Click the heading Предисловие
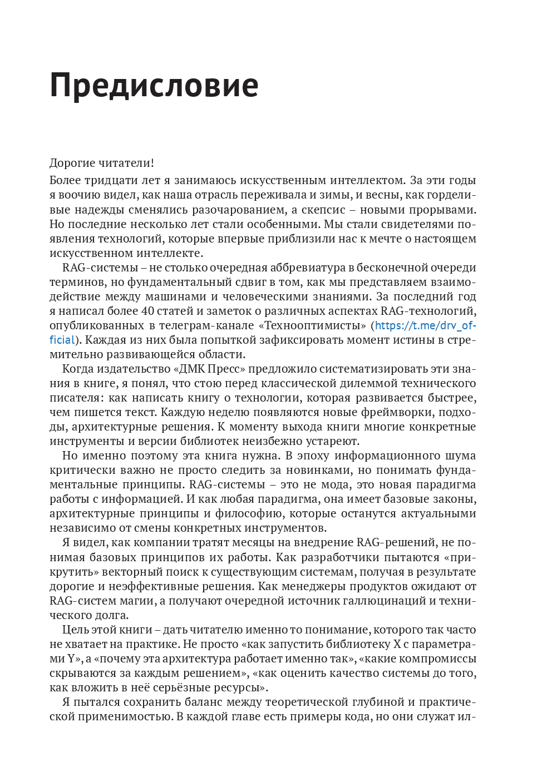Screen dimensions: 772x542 (154, 86)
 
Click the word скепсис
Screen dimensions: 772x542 (323, 210)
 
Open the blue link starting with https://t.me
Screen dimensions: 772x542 (425, 325)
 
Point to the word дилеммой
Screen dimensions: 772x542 (364, 383)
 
